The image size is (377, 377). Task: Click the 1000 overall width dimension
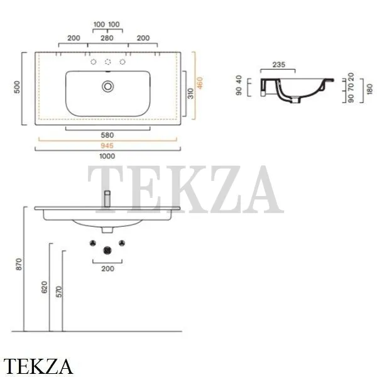point(107,156)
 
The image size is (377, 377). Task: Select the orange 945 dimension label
point(107,146)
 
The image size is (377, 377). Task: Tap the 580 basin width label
point(107,135)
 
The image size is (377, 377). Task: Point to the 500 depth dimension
point(17,87)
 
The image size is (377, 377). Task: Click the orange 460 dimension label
point(200,83)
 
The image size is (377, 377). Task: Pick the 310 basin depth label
point(190,94)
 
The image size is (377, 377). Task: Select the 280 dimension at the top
point(107,38)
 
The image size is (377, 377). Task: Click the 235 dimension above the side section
point(279,65)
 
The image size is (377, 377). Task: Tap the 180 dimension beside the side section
point(370,89)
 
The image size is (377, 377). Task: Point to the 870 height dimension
point(19,264)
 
